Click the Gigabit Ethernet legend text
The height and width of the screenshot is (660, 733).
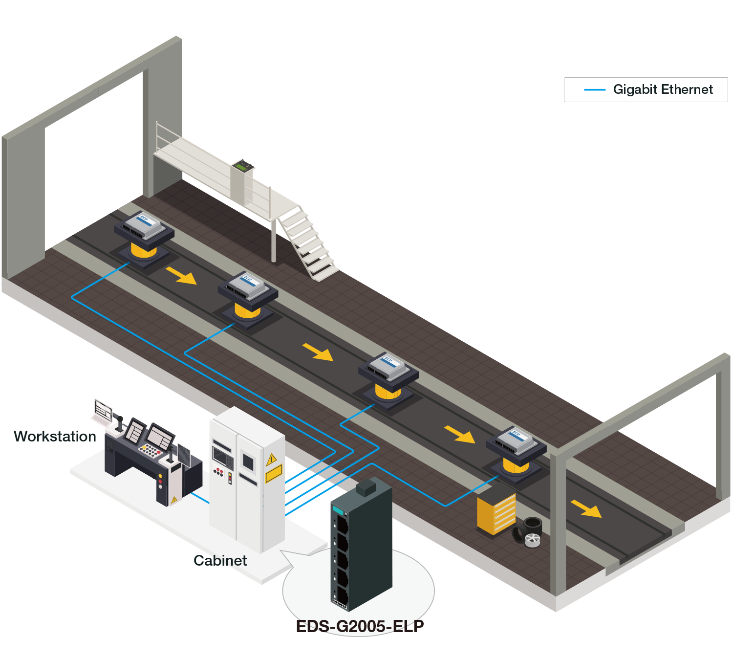click(x=663, y=89)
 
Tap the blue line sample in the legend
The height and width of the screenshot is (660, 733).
click(x=595, y=90)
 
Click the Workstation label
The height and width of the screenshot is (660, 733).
click(x=55, y=436)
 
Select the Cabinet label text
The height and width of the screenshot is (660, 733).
click(x=220, y=560)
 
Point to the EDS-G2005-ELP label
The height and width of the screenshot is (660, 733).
click(x=360, y=626)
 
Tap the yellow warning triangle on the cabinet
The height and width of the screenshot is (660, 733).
click(x=272, y=459)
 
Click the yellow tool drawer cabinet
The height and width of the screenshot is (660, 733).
click(x=496, y=513)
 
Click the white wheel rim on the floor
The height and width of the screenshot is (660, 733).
click(x=532, y=540)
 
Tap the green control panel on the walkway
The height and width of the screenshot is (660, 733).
click(x=242, y=166)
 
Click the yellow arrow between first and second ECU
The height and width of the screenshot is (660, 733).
click(x=181, y=276)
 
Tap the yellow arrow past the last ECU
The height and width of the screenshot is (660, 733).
click(x=586, y=508)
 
